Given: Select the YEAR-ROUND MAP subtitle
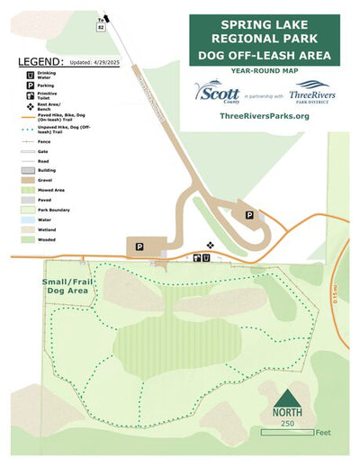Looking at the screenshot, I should tap(265, 69).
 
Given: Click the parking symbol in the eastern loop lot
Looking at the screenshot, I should tap(249, 215).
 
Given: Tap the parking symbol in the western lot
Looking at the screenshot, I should tap(139, 246).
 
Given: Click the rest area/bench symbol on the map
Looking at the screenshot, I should tap(211, 244).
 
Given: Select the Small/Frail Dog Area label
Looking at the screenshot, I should tap(66, 286).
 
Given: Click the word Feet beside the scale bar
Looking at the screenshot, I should tap(323, 433).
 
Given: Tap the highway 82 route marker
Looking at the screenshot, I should tap(101, 27).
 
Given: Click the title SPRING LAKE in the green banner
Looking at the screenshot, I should tap(264, 22).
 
